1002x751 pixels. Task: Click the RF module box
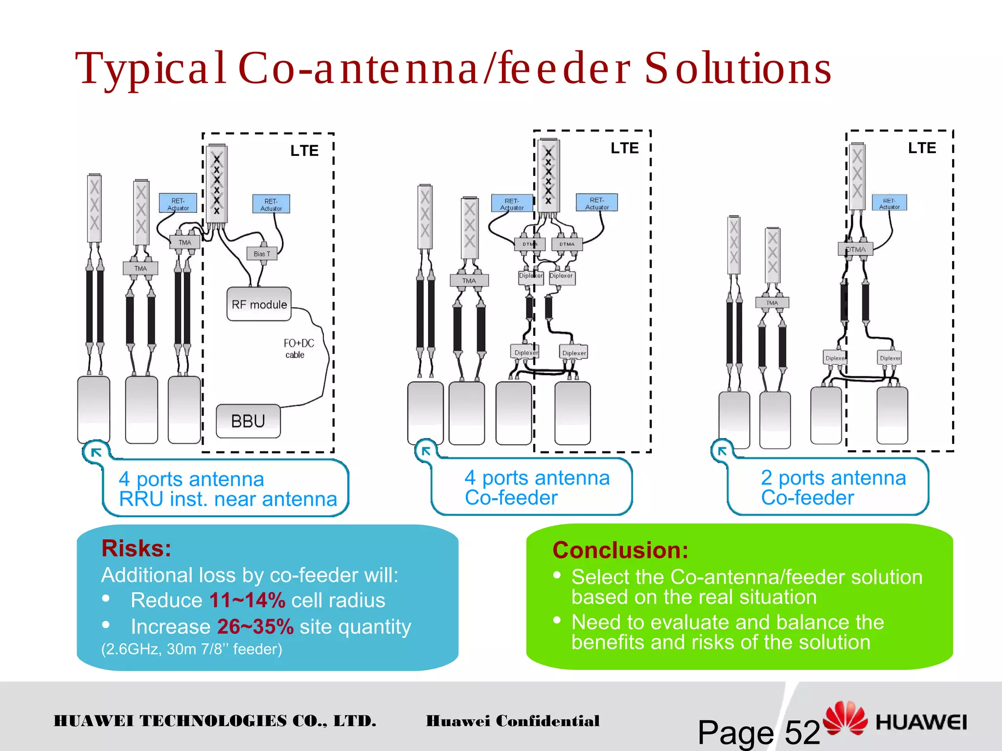(x=259, y=304)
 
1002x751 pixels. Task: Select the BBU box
(x=248, y=421)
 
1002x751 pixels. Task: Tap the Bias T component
(x=262, y=254)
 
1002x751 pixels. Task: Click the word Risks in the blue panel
(x=136, y=549)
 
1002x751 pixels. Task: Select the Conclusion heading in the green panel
(x=620, y=551)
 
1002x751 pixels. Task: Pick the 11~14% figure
(x=247, y=600)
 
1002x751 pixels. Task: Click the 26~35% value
(x=255, y=627)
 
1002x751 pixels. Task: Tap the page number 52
(x=802, y=732)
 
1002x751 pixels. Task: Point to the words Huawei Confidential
(x=512, y=721)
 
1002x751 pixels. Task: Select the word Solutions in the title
(x=738, y=68)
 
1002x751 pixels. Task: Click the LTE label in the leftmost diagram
(x=304, y=151)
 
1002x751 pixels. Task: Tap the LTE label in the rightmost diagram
(x=922, y=148)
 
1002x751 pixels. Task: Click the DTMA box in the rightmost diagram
(x=855, y=249)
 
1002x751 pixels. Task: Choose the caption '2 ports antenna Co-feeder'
(x=833, y=487)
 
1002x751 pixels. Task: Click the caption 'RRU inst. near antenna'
(x=228, y=499)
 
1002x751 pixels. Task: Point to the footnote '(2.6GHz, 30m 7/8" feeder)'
(x=191, y=649)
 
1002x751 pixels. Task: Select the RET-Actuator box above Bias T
(x=271, y=204)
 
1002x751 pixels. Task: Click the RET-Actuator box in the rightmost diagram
(x=889, y=203)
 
